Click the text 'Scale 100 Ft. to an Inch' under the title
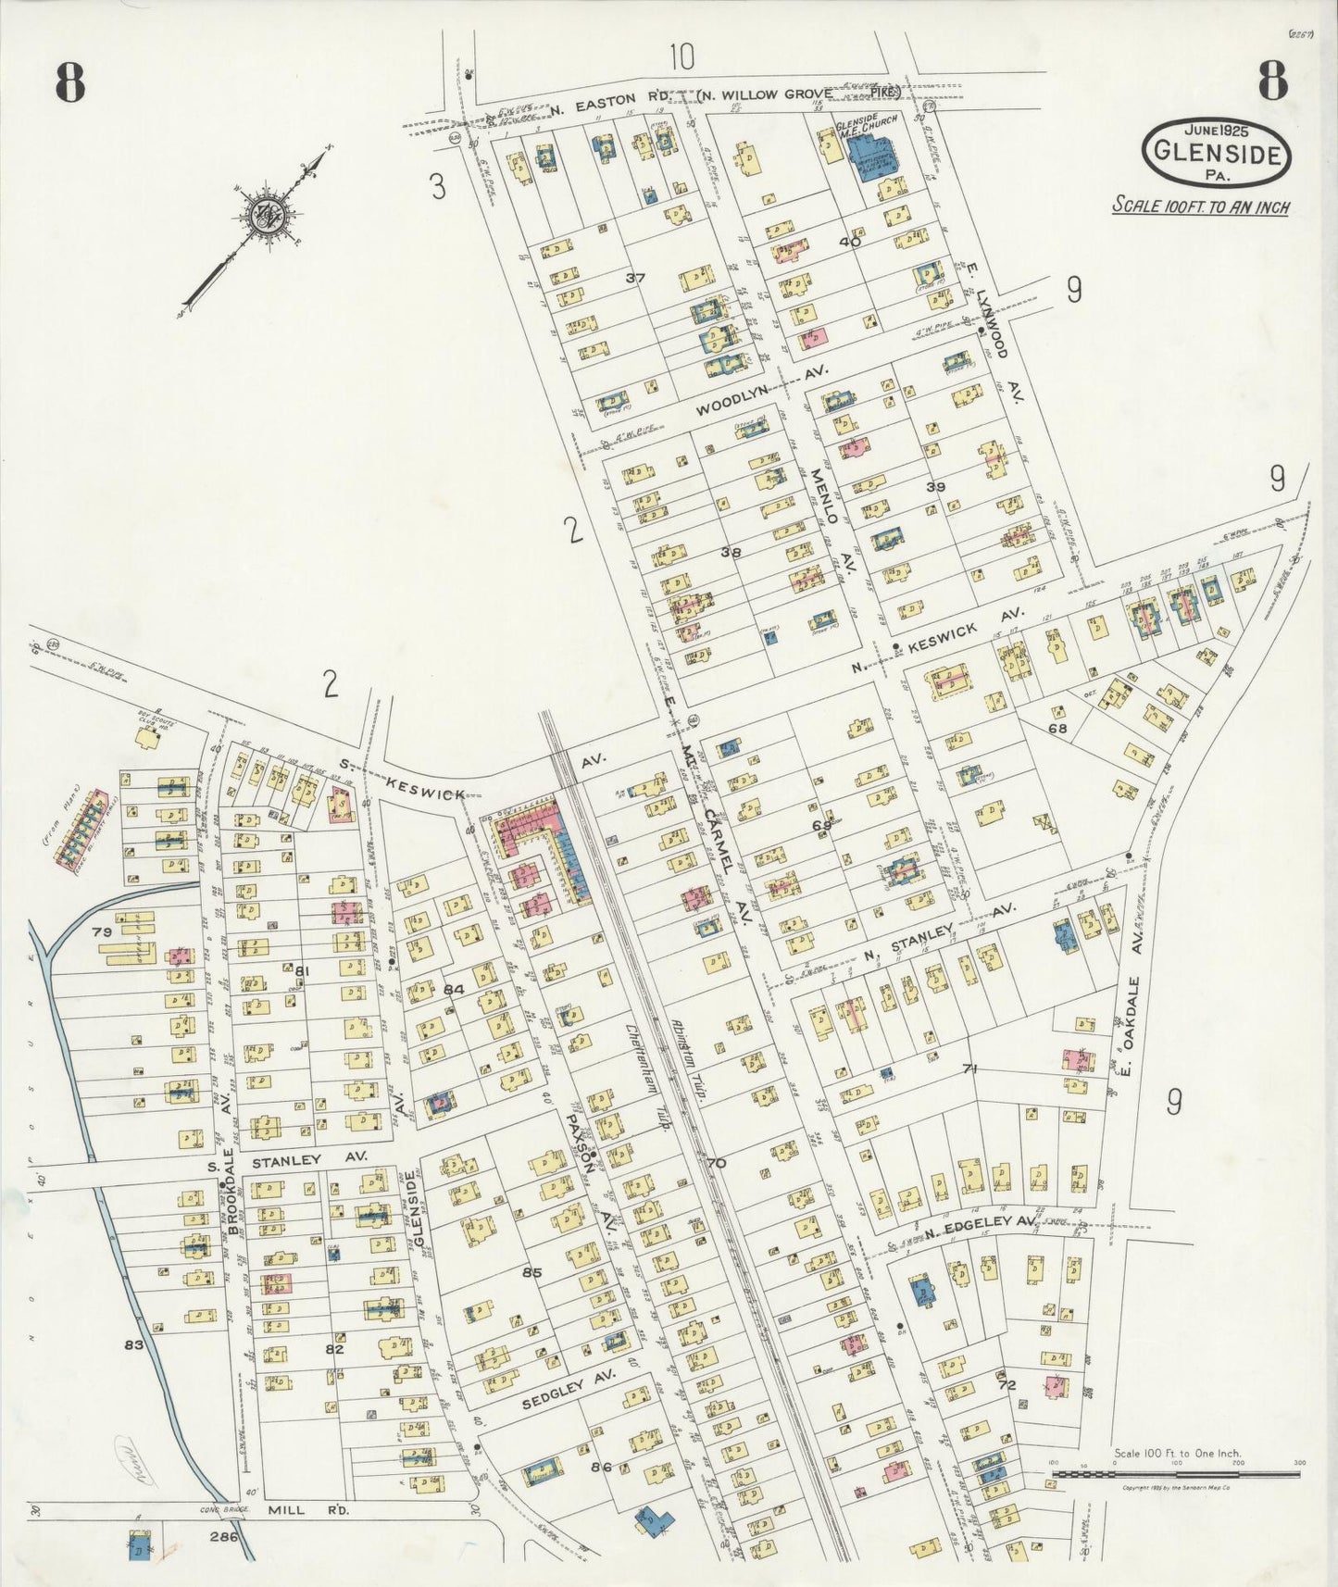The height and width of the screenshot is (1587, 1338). pyautogui.click(x=1200, y=206)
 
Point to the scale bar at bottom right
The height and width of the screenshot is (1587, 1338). pyautogui.click(x=1176, y=1472)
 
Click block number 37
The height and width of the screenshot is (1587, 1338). pyautogui.click(x=634, y=278)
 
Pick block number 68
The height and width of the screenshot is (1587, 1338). pyautogui.click(x=1057, y=729)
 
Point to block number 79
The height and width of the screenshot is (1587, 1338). pyautogui.click(x=101, y=931)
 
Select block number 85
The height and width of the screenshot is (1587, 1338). pyautogui.click(x=531, y=1273)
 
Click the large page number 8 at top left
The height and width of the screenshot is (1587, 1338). pyautogui.click(x=69, y=83)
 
